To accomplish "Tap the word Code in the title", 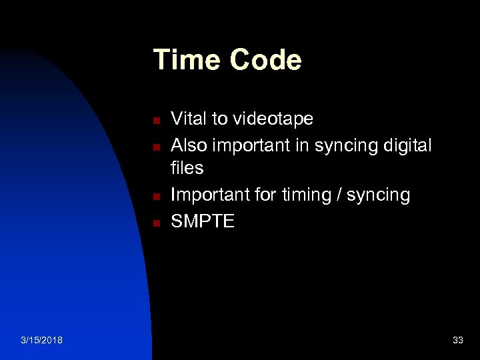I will tap(266, 60).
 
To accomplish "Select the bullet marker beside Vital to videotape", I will tap(154, 121).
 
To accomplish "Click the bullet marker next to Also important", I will tap(154, 147).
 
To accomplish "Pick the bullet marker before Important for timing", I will tap(154, 197).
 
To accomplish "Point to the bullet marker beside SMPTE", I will tap(154, 223).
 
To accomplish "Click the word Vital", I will tap(189, 119).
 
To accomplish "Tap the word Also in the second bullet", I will tap(189, 145).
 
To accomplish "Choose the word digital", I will tap(407, 145).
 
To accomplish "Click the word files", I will tap(187, 168).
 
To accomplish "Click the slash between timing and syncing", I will tap(344, 195).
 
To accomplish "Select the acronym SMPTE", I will tap(203, 221).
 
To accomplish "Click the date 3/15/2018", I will tap(42, 341).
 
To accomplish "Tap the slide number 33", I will tap(457, 341).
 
